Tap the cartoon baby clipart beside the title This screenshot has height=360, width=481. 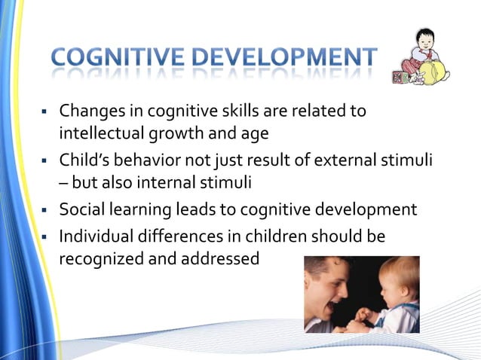click(x=421, y=58)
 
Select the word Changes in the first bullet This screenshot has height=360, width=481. click(x=91, y=111)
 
